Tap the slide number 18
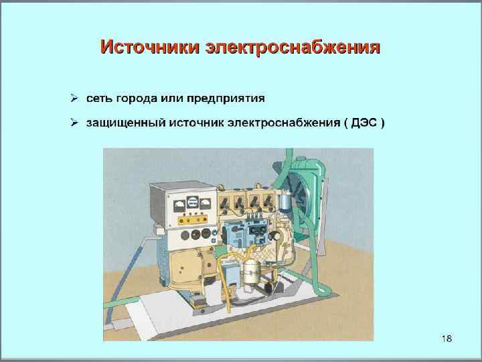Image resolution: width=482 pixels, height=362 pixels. coord(447,338)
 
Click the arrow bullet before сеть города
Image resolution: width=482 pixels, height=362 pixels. coord(76,99)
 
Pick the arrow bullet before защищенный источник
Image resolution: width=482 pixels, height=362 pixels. coord(76,123)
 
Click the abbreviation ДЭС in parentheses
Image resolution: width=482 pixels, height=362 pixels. coord(361,123)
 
